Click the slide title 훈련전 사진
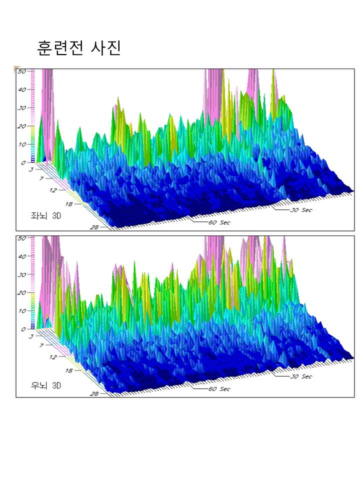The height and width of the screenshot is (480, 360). (x=79, y=48)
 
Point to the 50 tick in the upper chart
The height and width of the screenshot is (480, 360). (x=21, y=71)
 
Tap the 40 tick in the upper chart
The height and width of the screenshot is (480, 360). (x=21, y=90)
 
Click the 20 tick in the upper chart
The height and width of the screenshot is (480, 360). (x=21, y=126)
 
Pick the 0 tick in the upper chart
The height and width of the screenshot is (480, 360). (x=23, y=163)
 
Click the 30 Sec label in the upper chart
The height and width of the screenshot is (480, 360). (x=301, y=210)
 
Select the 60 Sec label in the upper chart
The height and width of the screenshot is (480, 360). (x=219, y=222)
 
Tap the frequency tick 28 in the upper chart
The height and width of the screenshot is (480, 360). (x=94, y=227)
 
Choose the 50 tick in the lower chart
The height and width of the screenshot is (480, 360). (x=21, y=238)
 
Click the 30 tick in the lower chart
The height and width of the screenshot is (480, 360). (x=21, y=275)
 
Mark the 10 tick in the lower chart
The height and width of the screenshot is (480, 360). (x=21, y=311)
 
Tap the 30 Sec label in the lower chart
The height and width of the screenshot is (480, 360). (x=301, y=376)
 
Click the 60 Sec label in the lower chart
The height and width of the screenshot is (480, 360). (x=219, y=389)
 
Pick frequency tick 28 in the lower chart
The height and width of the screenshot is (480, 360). (x=94, y=394)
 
